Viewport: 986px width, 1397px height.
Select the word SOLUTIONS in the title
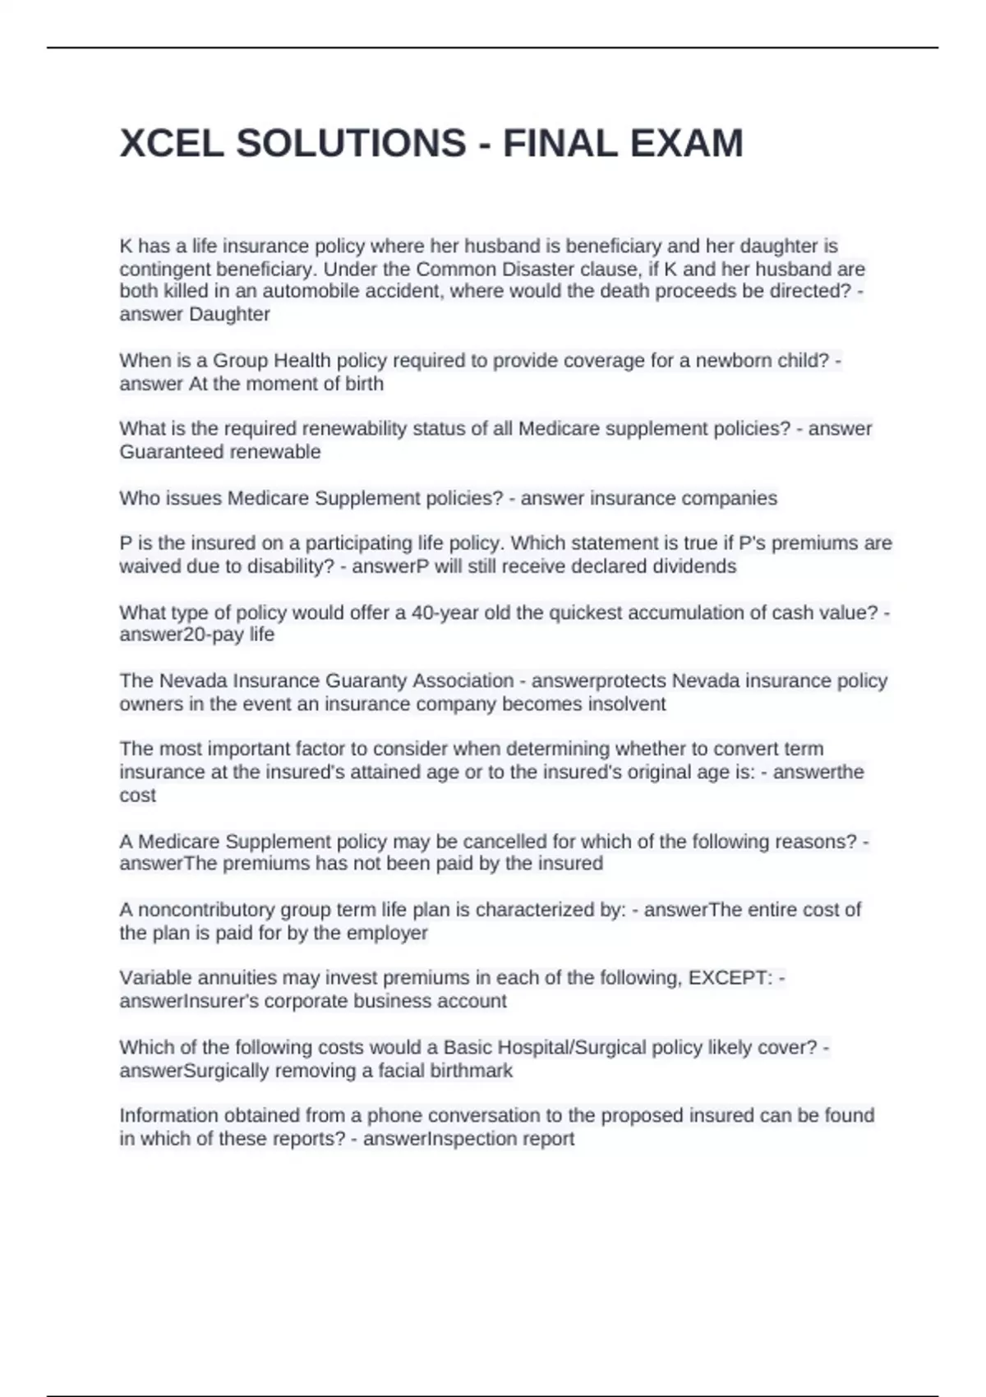(x=351, y=144)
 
